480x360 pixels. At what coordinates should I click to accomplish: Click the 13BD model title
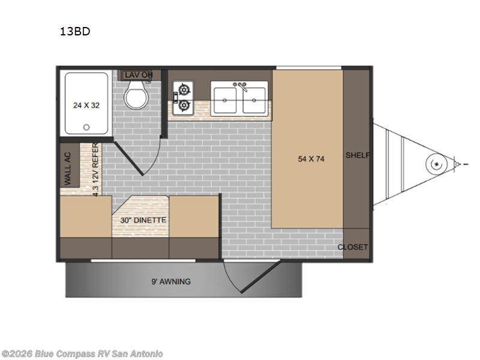point(75,31)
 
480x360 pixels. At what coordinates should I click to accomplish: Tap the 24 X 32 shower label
point(86,106)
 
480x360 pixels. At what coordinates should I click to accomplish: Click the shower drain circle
point(86,127)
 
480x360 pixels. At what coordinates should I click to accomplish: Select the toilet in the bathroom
point(137,94)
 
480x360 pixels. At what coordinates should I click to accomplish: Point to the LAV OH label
point(139,74)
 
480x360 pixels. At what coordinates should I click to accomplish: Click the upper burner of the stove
point(184,90)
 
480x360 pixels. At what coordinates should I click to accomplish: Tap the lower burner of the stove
point(184,106)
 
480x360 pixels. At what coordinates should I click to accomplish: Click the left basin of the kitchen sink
point(225,100)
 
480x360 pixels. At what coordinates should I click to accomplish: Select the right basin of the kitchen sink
point(254,100)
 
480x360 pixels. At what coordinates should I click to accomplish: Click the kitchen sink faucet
point(241,86)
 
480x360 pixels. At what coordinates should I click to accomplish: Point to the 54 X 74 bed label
point(311,159)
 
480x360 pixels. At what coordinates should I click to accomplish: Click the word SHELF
point(358,155)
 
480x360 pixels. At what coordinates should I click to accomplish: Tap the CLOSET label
point(353,247)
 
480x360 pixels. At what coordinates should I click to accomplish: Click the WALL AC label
point(68,169)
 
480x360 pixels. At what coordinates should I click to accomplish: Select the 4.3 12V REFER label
point(95,169)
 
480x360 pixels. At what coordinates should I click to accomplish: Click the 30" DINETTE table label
point(143,220)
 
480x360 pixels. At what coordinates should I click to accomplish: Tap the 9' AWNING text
point(171,281)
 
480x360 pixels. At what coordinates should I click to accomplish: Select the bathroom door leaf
point(128,158)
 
